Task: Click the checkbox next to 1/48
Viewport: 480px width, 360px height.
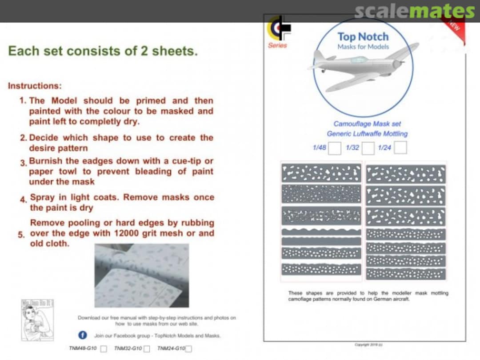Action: (334, 148)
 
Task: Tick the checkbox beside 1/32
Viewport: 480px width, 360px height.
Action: (368, 148)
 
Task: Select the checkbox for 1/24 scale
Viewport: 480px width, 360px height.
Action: (400, 148)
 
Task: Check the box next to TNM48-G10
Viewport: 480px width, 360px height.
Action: (104, 349)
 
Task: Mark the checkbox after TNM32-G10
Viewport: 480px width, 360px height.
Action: (147, 349)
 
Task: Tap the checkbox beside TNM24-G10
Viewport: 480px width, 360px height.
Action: (189, 349)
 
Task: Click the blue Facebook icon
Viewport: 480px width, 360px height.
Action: (83, 335)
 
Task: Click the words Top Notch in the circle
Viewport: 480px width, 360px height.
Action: (363, 37)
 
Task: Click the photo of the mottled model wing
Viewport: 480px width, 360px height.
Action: (141, 276)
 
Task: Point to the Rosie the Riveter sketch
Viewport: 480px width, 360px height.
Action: (37, 320)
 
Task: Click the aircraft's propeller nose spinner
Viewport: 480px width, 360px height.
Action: (396, 64)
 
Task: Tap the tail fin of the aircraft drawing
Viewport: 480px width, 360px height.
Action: (319, 56)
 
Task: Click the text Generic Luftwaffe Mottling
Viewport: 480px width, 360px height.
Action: (367, 134)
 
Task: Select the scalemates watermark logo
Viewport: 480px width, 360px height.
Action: (414, 11)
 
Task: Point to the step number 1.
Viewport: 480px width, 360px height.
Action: (23, 101)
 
